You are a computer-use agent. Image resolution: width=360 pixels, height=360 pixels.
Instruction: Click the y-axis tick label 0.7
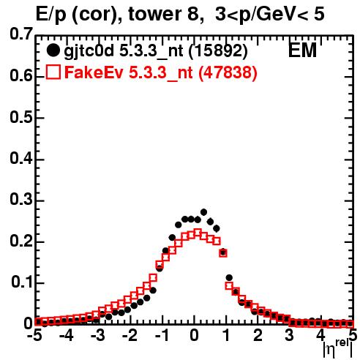click(x=21, y=34)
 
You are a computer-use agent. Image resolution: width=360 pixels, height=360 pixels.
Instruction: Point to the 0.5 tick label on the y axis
click(x=21, y=118)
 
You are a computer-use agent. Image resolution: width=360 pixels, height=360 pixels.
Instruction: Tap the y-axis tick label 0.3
click(x=21, y=200)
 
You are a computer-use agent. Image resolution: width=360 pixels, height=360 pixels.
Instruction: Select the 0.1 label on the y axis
click(x=22, y=282)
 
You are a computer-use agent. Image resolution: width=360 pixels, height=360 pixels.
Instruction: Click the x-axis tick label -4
click(x=66, y=336)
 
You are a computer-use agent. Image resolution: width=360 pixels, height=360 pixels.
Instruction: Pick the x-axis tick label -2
click(x=130, y=336)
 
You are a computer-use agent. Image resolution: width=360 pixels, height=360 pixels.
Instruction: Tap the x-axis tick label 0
click(x=194, y=336)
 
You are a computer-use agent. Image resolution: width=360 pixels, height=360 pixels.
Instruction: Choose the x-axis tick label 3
click(x=290, y=336)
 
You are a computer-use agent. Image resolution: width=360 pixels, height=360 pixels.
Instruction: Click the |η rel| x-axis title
click(x=338, y=348)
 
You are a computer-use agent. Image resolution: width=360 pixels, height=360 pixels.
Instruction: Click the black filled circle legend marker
click(x=53, y=50)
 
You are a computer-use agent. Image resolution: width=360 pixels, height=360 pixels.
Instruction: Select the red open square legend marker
click(x=53, y=72)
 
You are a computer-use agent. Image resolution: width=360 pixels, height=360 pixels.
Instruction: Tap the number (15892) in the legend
click(x=218, y=50)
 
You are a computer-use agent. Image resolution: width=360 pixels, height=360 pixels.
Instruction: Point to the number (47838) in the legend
click(x=228, y=72)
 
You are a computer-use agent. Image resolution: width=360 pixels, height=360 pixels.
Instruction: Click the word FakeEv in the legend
click(x=94, y=72)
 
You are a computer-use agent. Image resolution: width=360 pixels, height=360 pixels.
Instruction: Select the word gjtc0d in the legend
click(x=89, y=51)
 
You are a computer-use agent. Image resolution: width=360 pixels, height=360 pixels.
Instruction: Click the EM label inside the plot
click(x=302, y=50)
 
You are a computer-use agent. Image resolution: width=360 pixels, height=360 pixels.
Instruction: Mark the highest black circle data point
click(x=204, y=212)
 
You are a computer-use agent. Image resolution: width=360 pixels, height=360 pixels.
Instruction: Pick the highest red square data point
click(x=198, y=233)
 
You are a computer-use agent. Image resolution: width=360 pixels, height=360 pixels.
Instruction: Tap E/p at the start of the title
click(x=51, y=15)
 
